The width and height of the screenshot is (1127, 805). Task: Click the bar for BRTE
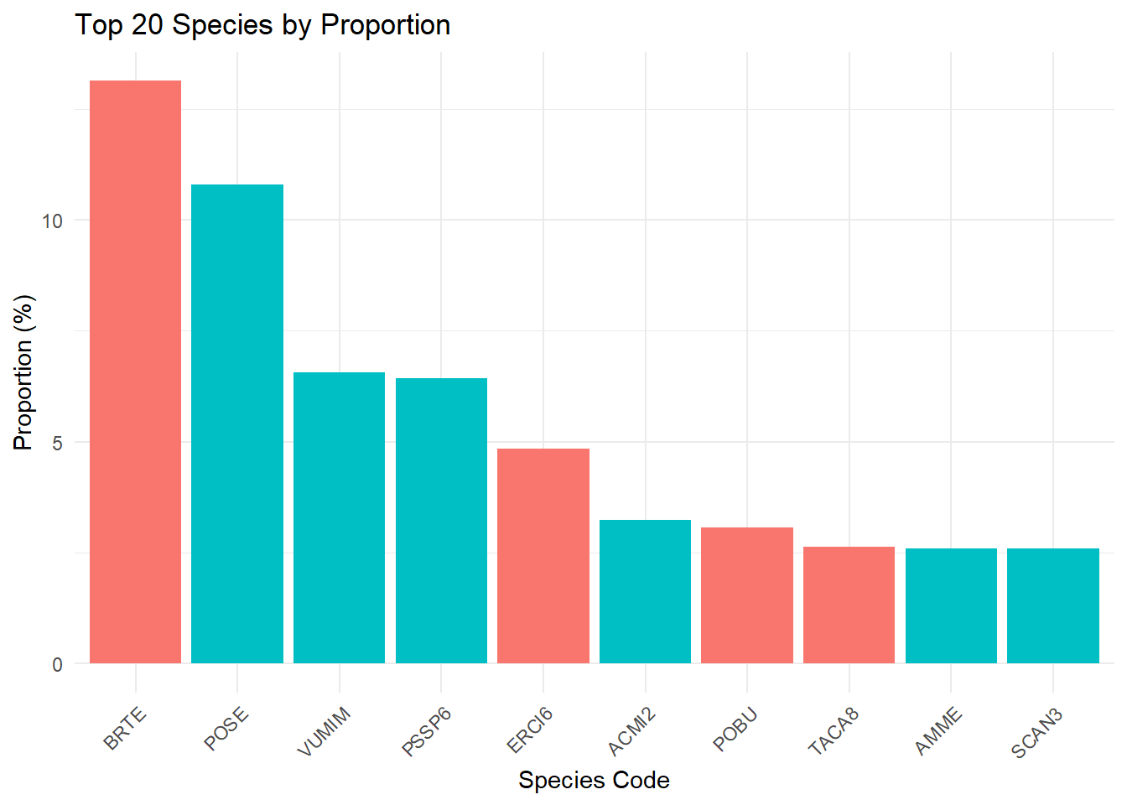click(135, 371)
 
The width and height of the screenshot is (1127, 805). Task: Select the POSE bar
click(237, 424)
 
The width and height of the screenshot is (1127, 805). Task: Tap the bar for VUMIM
click(339, 517)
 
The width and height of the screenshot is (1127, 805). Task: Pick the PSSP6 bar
click(441, 521)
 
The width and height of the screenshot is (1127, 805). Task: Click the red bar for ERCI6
click(543, 556)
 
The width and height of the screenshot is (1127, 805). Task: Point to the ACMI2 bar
click(645, 592)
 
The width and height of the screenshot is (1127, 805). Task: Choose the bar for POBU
click(747, 595)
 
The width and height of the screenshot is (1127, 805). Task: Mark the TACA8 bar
click(849, 605)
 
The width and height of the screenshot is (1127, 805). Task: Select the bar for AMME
click(951, 605)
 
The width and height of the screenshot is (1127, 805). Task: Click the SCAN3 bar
click(1053, 605)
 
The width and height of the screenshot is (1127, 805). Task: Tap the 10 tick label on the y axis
click(52, 221)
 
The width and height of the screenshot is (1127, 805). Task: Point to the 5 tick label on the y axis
click(57, 444)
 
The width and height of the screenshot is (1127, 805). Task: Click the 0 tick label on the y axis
click(57, 665)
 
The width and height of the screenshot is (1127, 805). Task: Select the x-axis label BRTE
click(124, 729)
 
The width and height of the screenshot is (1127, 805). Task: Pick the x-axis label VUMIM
click(324, 731)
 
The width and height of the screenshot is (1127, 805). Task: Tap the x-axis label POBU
click(735, 730)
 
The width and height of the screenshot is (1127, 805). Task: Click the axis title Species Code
click(595, 781)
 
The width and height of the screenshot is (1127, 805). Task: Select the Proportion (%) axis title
click(23, 372)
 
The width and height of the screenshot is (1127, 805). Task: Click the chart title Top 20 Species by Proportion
click(262, 24)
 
